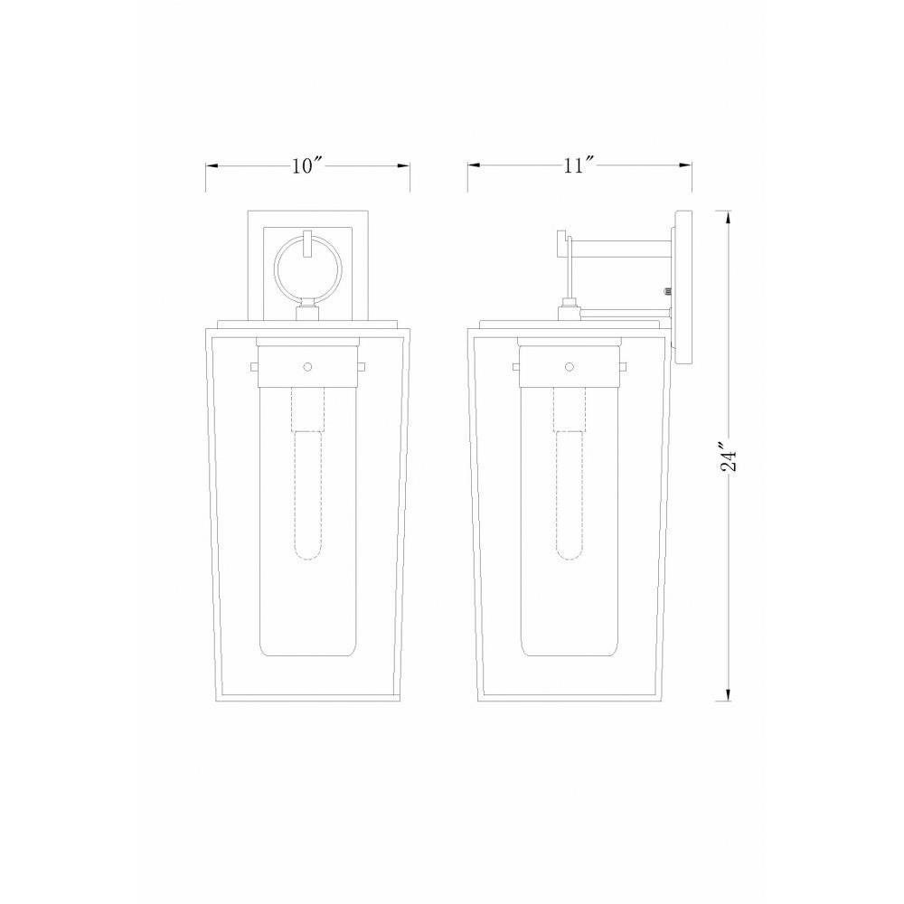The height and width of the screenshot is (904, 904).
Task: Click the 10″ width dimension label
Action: pyautogui.click(x=306, y=165)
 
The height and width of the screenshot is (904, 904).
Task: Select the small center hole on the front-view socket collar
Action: pyautogui.click(x=308, y=367)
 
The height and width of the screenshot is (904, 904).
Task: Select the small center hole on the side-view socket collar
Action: pyautogui.click(x=570, y=367)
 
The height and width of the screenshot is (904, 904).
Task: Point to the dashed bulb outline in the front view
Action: pyautogui.click(x=308, y=474)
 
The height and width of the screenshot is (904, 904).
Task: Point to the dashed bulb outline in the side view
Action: pyautogui.click(x=570, y=474)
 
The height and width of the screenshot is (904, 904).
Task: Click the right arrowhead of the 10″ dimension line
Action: pyautogui.click(x=404, y=166)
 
